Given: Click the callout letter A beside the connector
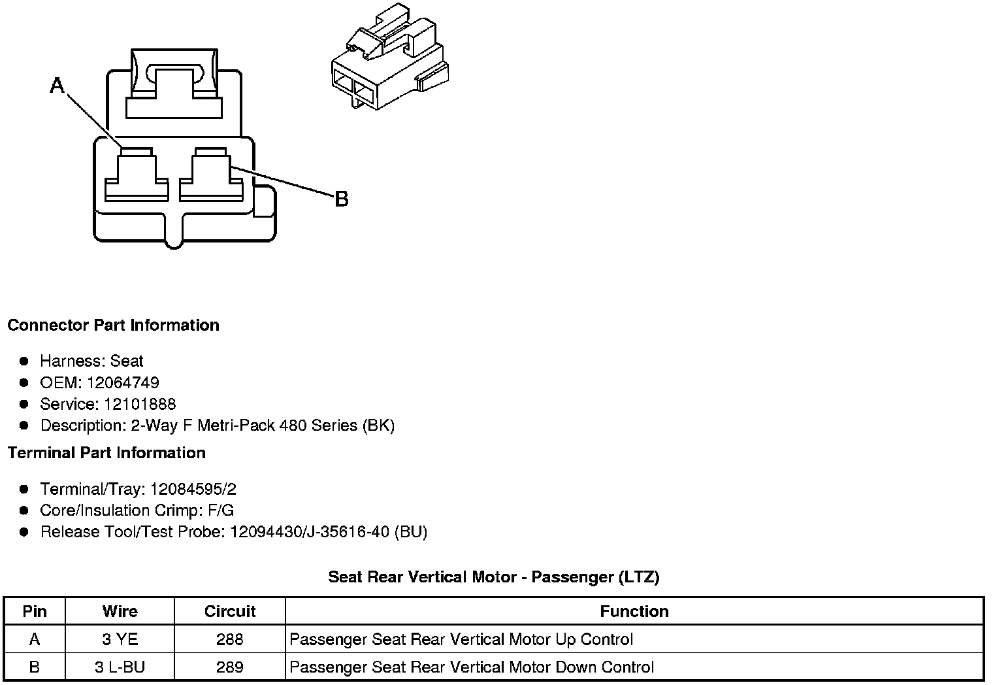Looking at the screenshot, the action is [57, 85].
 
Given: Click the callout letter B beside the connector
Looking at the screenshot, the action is [341, 199].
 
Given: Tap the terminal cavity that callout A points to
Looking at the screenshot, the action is [137, 175].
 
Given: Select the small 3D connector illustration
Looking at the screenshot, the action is [389, 59].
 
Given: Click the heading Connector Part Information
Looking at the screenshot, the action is [113, 326].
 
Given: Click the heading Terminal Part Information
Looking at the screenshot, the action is [106, 453].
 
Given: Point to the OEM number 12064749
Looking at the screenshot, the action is [123, 382].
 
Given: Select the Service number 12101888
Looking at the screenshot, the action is [140, 404].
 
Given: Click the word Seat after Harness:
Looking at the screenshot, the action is [127, 361].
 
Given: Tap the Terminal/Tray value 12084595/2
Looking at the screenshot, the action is [193, 489].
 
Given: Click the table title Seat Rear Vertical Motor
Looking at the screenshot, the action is [493, 576].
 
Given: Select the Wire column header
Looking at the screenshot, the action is [120, 611].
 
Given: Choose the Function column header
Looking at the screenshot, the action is [634, 611].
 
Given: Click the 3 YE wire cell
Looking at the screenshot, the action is [120, 639].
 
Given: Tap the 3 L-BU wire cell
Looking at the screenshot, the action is [120, 667].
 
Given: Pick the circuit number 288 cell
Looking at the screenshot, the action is [230, 639].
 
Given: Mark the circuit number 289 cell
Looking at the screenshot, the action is [230, 667].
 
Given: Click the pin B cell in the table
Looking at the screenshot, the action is [35, 667].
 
